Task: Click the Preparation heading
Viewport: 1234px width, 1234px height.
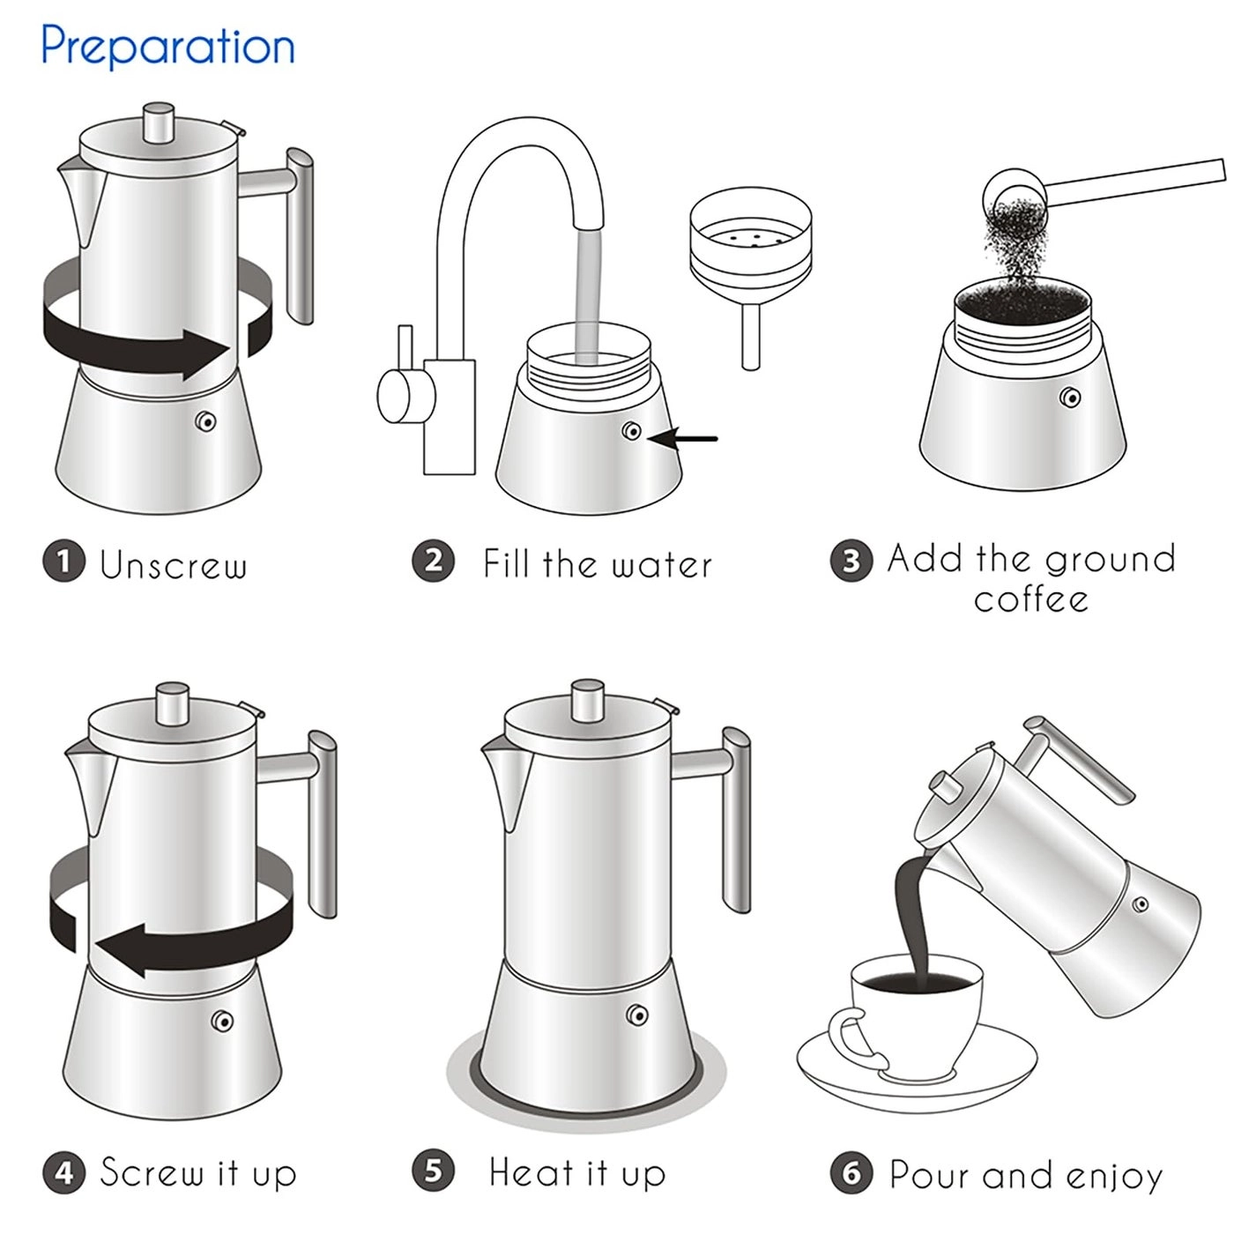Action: (167, 46)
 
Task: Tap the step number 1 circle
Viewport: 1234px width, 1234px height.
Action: (63, 562)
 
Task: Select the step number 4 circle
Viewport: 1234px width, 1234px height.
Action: (63, 1173)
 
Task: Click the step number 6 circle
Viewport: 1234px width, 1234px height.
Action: (851, 1173)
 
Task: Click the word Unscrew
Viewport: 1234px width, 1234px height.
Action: (173, 565)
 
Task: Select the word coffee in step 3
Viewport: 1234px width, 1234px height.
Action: (1030, 600)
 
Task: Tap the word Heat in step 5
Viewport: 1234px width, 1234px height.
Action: (531, 1173)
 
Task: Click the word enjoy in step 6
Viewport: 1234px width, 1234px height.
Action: (1114, 1177)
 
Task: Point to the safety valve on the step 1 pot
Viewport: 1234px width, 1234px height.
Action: (208, 422)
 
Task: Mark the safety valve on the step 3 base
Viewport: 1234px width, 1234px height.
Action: (1071, 398)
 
